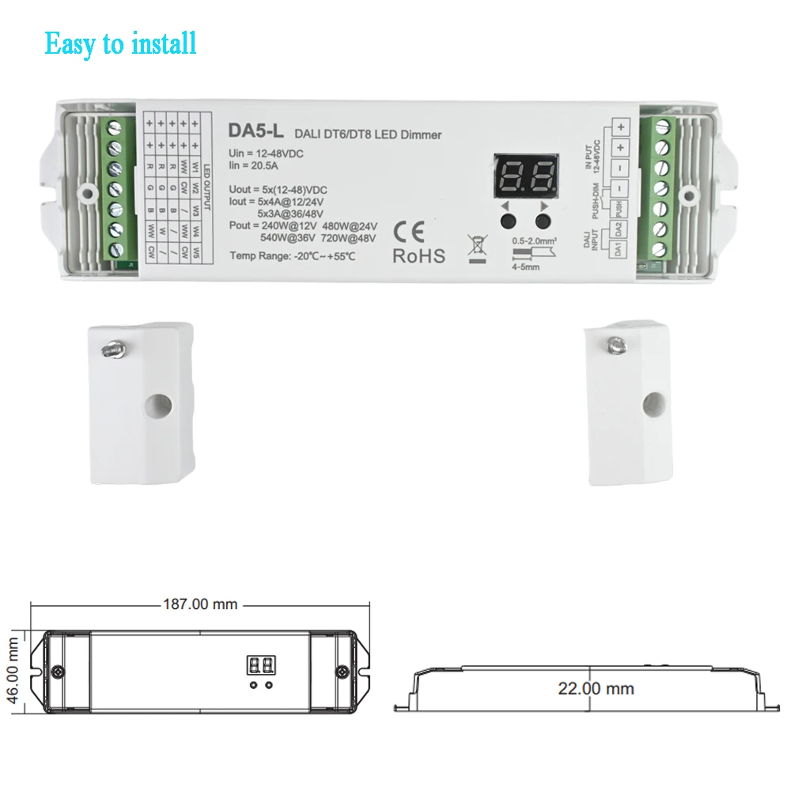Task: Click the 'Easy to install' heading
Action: click(x=120, y=43)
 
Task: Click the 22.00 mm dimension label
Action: click(x=596, y=688)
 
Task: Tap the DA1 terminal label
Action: click(x=619, y=247)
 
